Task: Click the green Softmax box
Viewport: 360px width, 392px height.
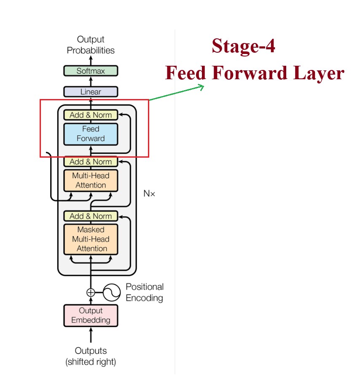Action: (x=91, y=71)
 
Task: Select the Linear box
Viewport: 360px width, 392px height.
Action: (x=91, y=91)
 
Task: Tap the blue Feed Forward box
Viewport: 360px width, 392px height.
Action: (x=91, y=133)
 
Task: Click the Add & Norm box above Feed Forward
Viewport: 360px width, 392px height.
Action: (x=91, y=115)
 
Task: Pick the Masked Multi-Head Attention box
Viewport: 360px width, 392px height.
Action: (x=91, y=239)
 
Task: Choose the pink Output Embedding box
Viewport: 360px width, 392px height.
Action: (x=91, y=315)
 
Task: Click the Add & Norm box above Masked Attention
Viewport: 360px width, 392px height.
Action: (x=91, y=216)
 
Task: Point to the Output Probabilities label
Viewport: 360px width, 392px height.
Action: (x=91, y=45)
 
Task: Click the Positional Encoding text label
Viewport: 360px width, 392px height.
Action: (x=144, y=292)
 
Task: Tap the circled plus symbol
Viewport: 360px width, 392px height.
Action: (x=91, y=292)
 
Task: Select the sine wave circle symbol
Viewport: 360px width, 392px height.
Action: (x=112, y=292)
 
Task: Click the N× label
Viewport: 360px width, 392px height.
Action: (x=149, y=194)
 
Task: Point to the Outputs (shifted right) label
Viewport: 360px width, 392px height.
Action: (x=91, y=356)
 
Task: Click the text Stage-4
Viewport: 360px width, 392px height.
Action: (x=243, y=46)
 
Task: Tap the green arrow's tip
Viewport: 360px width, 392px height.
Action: (x=203, y=87)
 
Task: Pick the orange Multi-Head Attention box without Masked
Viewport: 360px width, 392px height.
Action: (x=91, y=180)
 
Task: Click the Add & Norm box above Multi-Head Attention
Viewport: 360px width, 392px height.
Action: (x=91, y=161)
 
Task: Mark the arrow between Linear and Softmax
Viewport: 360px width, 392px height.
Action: (x=91, y=81)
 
